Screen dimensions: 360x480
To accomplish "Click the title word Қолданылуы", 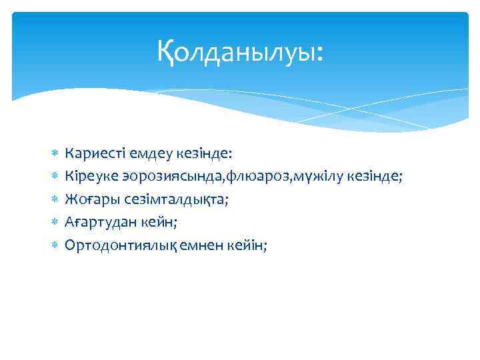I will (240, 51).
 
